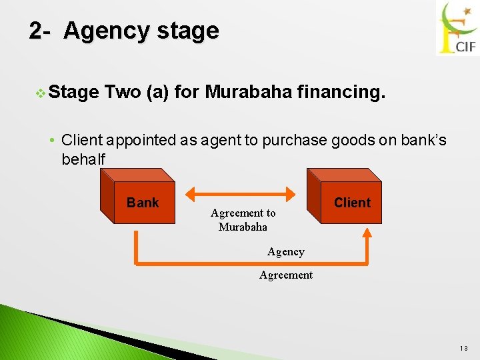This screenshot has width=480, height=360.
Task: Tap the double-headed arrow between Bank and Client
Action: click(240, 194)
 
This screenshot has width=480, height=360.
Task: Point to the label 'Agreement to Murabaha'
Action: click(243, 220)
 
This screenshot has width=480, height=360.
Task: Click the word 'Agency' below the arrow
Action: click(285, 252)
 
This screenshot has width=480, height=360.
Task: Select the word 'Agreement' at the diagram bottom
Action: click(285, 275)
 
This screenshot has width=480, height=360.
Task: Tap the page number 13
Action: click(465, 348)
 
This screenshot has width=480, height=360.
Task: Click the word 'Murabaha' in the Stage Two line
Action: click(248, 91)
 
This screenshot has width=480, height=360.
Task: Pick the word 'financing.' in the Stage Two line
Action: click(342, 91)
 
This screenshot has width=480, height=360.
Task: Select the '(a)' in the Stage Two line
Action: click(155, 91)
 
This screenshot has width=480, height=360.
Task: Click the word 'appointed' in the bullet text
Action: click(140, 140)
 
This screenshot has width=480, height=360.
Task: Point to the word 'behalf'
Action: click(83, 160)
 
